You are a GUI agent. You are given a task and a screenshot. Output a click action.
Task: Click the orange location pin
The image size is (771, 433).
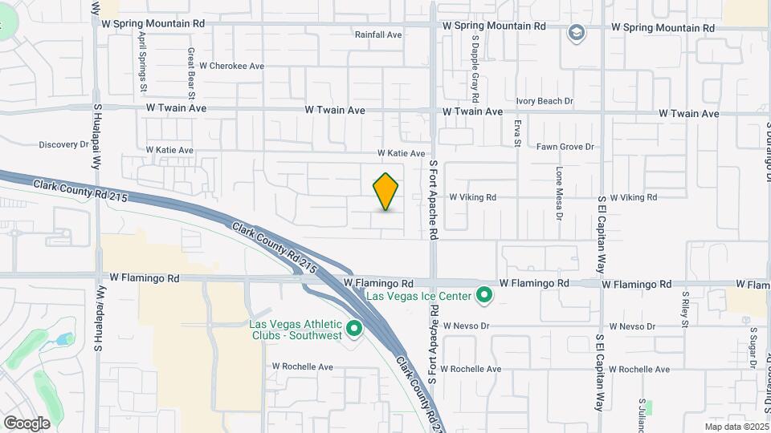pyautogui.click(x=386, y=192)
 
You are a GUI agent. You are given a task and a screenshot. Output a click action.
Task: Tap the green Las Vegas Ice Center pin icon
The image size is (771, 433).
pyautogui.click(x=483, y=296)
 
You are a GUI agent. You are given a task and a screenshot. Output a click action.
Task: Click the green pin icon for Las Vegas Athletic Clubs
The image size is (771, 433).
pyautogui.click(x=354, y=329)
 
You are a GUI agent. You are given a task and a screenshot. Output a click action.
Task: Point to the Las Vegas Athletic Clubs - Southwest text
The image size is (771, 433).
pyautogui.click(x=295, y=330)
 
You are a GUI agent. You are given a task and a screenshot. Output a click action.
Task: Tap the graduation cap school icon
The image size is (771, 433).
pyautogui.click(x=575, y=33)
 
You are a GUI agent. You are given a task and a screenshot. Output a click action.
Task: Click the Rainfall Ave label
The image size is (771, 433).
pyautogui.click(x=378, y=34)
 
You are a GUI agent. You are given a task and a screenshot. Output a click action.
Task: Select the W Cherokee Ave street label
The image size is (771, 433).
pyautogui.click(x=232, y=66)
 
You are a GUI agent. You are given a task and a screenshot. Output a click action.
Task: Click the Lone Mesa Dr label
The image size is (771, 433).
pyautogui.click(x=559, y=193)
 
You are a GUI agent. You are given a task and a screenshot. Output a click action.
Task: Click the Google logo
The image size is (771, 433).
pyautogui.click(x=26, y=423)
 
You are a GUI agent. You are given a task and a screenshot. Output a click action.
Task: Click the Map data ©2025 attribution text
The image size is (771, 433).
pyautogui.click(x=735, y=427)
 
